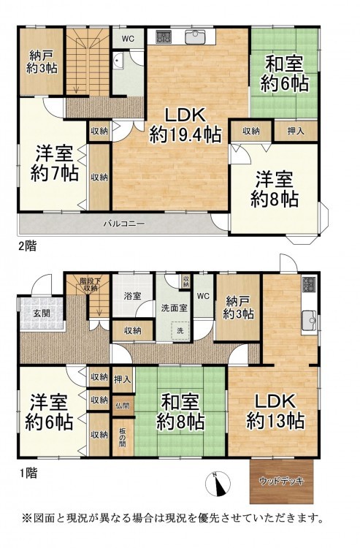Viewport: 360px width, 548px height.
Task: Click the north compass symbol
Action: pyautogui.click(x=218, y=484)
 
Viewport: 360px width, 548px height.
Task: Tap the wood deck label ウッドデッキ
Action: pyautogui.click(x=282, y=482)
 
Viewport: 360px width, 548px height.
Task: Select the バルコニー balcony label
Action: pyautogui.click(x=123, y=224)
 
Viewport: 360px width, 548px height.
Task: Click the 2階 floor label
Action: pyautogui.click(x=27, y=246)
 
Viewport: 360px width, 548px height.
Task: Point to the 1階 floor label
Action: pyautogui.click(x=28, y=473)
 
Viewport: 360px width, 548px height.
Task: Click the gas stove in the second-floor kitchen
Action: pyautogui.click(x=163, y=37)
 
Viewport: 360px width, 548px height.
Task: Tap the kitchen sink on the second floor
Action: pyautogui.click(x=196, y=37)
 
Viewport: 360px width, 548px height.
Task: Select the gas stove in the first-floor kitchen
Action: pyautogui.click(x=309, y=285)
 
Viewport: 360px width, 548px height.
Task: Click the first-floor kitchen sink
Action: pyautogui.click(x=309, y=321)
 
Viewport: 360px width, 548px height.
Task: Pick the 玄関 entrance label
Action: pyautogui.click(x=42, y=313)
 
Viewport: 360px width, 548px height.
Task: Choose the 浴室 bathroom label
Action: pyautogui.click(x=133, y=296)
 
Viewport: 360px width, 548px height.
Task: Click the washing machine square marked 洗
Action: pyautogui.click(x=180, y=330)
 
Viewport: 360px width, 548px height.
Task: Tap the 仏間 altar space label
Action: pyautogui.click(x=123, y=406)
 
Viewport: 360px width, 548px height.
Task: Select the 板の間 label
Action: pyautogui.click(x=122, y=436)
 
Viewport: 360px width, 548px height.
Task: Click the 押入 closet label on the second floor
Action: pyautogui.click(x=296, y=131)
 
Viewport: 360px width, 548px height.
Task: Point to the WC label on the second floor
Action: pyautogui.click(x=128, y=39)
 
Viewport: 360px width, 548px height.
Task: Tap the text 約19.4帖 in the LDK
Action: pyautogui.click(x=185, y=134)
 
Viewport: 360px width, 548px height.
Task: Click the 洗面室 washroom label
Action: pyautogui.click(x=174, y=308)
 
